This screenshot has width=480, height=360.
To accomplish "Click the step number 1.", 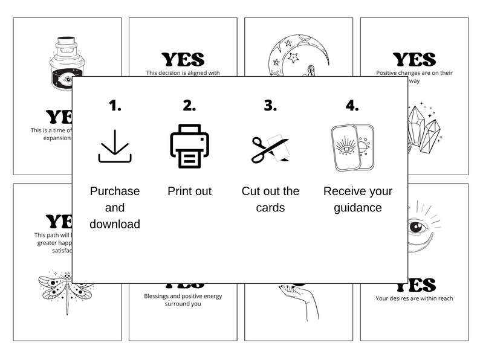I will click(115, 106).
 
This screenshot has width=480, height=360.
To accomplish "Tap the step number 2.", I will click(189, 106).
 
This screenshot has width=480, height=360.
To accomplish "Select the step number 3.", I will click(270, 106).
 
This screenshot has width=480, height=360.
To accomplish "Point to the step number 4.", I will click(352, 106).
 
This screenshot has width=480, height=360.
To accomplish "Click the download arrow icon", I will click(115, 147).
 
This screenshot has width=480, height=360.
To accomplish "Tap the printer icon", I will click(189, 146).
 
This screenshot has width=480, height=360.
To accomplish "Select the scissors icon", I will click(270, 149).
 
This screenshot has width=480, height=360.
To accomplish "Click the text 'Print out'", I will click(189, 191).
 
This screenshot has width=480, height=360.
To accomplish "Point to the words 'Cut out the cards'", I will click(270, 199).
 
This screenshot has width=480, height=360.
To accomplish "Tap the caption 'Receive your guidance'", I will click(357, 199).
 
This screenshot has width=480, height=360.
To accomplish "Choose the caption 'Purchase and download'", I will click(115, 207).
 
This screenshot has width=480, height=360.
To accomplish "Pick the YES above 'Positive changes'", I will click(414, 59).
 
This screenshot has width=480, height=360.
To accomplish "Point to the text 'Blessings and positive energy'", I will click(183, 296).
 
